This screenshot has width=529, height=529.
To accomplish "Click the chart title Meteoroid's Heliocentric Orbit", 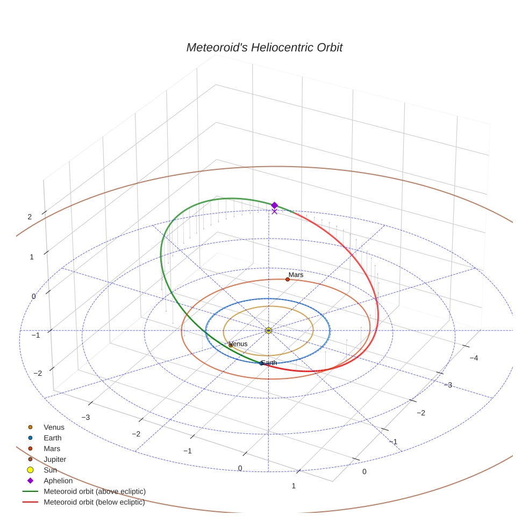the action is click(264, 47).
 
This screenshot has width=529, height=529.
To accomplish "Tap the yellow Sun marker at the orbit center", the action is click(269, 331).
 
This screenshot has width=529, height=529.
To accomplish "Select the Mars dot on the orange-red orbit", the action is click(288, 280).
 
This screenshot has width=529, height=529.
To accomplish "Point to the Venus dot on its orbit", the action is click(231, 346).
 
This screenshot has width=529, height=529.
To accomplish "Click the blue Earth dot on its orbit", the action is click(261, 363).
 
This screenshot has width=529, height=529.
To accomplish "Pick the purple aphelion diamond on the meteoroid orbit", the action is click(275, 205).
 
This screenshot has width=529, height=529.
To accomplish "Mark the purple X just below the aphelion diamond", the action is click(275, 211).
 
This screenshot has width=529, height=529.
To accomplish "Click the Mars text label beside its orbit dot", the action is click(296, 275).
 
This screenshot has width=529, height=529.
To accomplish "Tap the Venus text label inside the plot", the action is click(239, 344).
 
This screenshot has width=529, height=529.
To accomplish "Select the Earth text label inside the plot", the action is click(269, 363).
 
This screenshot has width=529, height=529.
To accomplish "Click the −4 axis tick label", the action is click(474, 358).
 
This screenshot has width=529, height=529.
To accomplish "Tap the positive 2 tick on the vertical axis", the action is click(30, 217).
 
